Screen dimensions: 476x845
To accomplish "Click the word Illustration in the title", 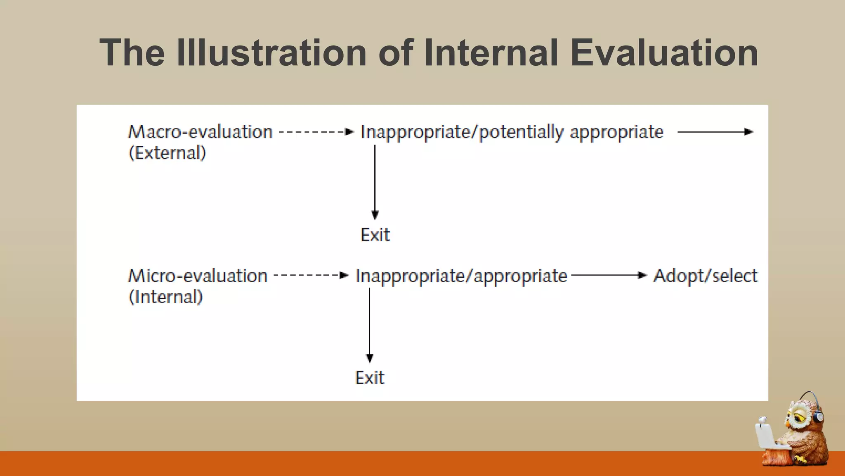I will point(271,52).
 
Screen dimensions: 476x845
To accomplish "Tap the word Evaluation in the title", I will point(664,52).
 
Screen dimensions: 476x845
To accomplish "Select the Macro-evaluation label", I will point(200,132).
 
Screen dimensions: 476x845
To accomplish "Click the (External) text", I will point(167,153).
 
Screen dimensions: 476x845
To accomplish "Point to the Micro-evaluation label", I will point(198,276).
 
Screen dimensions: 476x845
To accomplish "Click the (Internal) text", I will point(165,297).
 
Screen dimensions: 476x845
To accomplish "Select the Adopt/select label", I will point(705,276).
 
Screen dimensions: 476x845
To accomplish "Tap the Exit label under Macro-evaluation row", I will point(375,235).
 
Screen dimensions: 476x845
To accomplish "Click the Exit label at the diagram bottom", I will point(370,378).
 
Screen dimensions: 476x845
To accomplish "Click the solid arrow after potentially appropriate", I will point(715,132).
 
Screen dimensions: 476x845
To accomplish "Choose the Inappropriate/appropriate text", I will point(461,276).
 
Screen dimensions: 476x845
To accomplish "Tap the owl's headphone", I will point(818,415).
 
